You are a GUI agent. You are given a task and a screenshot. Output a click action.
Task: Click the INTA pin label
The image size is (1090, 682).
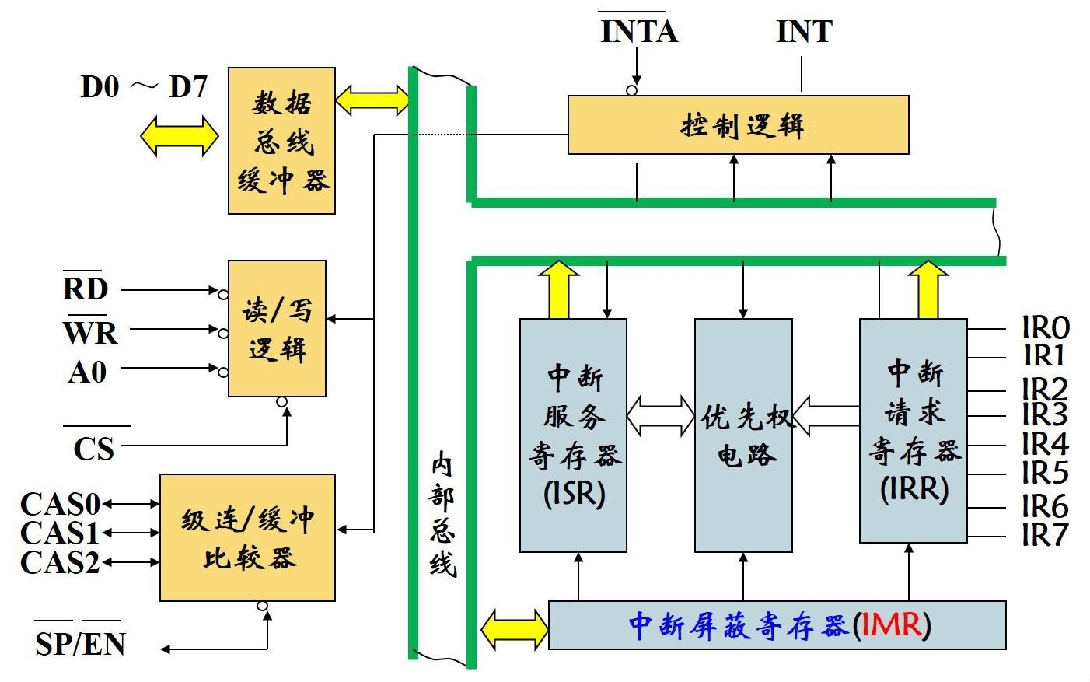(638, 32)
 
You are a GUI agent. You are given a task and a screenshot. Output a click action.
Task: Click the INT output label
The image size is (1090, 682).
(804, 32)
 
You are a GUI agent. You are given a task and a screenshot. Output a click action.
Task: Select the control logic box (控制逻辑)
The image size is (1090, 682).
(738, 125)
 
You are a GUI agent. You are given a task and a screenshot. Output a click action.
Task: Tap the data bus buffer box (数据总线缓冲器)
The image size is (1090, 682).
(281, 141)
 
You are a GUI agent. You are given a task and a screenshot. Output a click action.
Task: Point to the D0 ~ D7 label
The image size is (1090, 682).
(145, 87)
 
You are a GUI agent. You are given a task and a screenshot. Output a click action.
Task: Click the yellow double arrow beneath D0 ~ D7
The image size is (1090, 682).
(180, 136)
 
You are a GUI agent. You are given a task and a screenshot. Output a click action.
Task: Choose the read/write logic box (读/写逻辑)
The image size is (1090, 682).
(277, 329)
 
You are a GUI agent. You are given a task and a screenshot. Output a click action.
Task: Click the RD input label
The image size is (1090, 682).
(86, 289)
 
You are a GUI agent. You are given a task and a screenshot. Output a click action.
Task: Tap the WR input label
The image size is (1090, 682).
(90, 333)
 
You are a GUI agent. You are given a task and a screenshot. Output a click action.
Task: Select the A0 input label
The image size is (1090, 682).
(87, 372)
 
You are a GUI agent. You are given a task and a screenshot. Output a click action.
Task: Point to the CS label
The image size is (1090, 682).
(94, 449)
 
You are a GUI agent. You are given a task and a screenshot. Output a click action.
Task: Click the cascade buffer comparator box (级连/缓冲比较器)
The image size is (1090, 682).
(247, 537)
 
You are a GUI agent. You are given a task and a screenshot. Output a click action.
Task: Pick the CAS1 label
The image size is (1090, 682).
(60, 533)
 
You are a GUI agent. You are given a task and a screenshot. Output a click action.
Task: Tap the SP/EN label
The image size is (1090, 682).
(80, 644)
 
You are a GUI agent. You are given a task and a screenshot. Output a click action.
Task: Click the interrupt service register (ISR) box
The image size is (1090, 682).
(573, 435)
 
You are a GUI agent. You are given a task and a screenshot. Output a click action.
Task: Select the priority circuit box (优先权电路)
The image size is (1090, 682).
(743, 435)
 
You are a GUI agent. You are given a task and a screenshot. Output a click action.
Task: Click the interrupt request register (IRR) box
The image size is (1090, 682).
(914, 430)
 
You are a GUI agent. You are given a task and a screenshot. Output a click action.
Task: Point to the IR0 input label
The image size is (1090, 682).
(1046, 327)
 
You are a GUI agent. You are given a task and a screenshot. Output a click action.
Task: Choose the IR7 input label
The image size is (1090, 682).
(1046, 535)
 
